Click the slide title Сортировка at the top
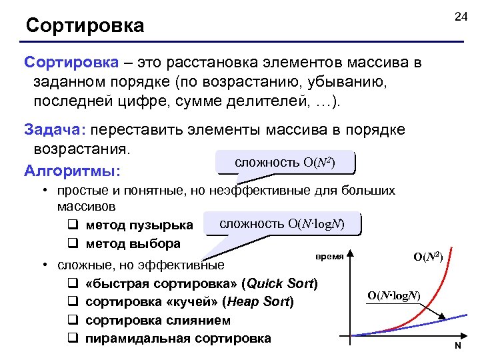click(x=85, y=26)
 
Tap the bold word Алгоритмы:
click(x=72, y=171)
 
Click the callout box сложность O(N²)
click(x=285, y=163)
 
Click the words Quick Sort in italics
click(x=279, y=283)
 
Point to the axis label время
click(x=329, y=256)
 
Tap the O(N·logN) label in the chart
click(x=393, y=295)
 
